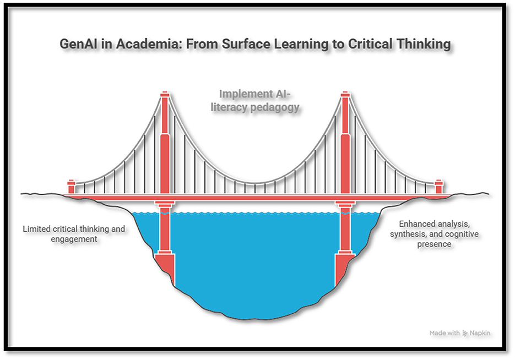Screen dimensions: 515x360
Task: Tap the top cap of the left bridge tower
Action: point(165,96)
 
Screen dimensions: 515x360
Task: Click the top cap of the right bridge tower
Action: point(345,96)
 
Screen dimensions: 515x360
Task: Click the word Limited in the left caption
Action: point(37,228)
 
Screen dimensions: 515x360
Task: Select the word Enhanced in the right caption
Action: point(417,224)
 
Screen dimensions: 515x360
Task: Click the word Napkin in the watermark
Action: point(481,333)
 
